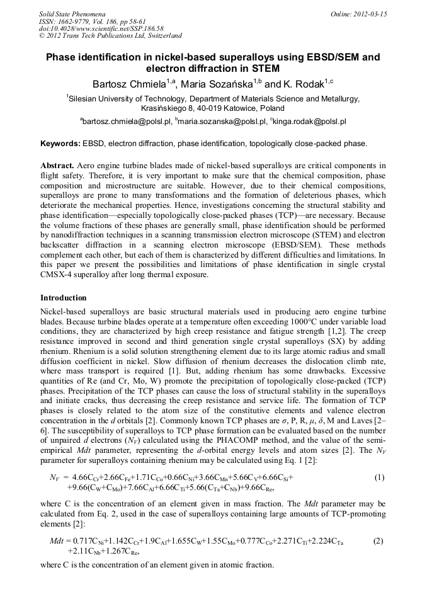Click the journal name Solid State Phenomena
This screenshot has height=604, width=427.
click(72, 13)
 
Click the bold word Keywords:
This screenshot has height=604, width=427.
click(60, 144)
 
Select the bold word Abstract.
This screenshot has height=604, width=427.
click(58, 165)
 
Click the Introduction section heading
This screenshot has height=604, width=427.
click(64, 298)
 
